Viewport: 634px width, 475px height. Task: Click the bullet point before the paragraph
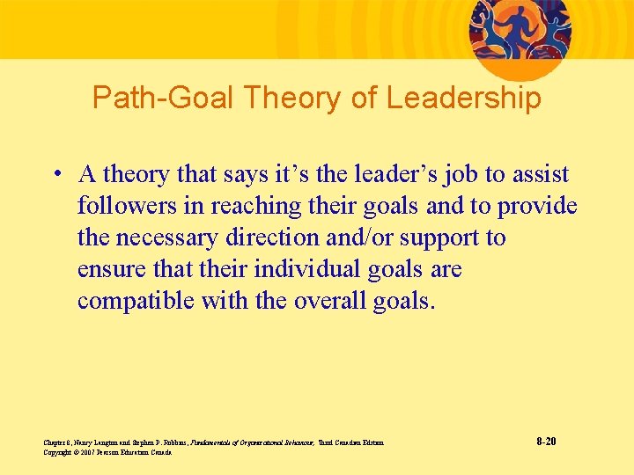pos(55,174)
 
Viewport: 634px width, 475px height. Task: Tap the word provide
pos(537,207)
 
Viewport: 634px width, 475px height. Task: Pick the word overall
pos(330,301)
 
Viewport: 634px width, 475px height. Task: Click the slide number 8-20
pos(545,441)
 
